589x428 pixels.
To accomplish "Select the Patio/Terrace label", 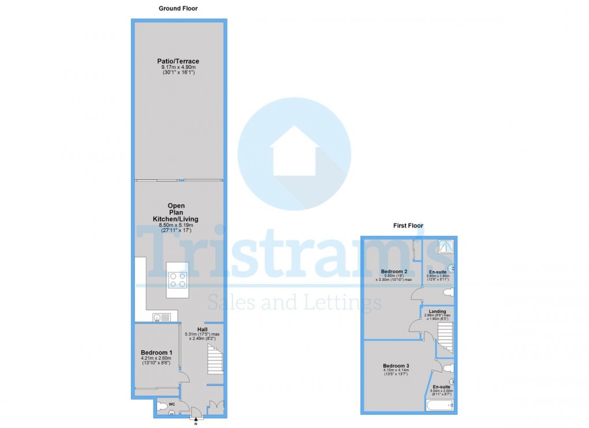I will (x=178, y=61).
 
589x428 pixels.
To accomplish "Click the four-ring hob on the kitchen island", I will (x=177, y=280).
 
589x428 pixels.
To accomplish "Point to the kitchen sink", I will (x=161, y=317).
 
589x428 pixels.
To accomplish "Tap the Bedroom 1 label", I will (x=156, y=352).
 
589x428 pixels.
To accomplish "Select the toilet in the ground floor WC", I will (x=163, y=408).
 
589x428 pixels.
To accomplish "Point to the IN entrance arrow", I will (x=195, y=421).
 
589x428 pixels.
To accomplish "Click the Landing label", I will (x=438, y=311).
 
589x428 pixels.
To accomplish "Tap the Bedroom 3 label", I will (x=396, y=366).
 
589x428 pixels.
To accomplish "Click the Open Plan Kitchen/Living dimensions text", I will (x=176, y=228).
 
